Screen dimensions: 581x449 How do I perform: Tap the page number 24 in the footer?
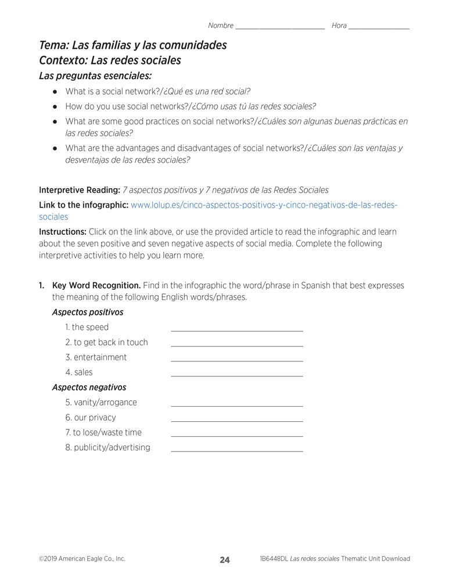225,560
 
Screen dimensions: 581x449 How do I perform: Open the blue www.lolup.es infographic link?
264,205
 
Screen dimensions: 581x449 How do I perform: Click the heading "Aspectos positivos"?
88,312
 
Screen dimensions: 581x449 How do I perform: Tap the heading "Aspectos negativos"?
89,387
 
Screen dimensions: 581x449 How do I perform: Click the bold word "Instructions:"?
63,232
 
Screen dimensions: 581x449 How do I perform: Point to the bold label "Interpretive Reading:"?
79,190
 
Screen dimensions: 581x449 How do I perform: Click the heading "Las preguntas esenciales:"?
95,76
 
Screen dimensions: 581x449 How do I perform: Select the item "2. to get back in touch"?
107,342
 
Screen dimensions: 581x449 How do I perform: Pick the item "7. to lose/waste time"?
103,432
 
